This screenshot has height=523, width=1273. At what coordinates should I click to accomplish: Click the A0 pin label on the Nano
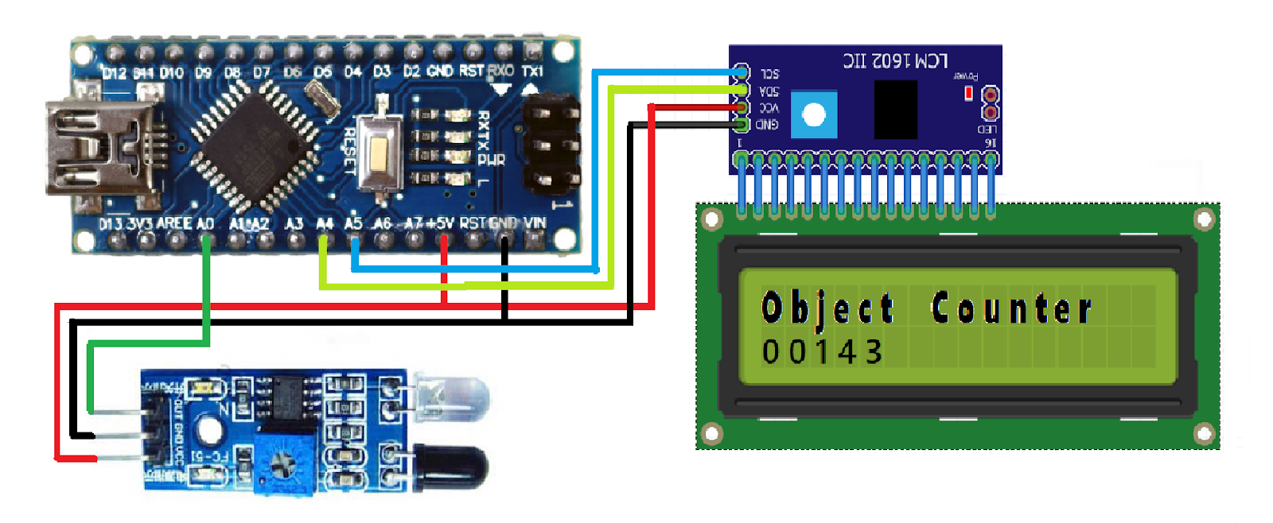[205, 224]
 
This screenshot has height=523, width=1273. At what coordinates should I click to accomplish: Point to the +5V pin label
[439, 223]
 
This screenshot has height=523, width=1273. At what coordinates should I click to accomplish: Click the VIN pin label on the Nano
[535, 223]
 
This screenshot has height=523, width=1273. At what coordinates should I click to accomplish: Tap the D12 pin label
[115, 73]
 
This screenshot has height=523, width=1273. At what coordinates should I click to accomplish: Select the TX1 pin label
[532, 72]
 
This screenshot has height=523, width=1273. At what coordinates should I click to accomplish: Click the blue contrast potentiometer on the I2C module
[814, 115]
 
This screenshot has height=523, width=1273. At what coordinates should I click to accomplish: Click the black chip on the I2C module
[896, 110]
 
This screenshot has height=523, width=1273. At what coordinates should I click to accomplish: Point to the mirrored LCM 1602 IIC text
[895, 61]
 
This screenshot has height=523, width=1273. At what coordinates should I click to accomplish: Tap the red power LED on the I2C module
[968, 94]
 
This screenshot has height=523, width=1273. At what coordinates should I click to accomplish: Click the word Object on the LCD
[827, 308]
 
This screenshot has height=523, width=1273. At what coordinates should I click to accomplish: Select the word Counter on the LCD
[1011, 308]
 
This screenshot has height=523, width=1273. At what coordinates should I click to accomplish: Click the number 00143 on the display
[823, 352]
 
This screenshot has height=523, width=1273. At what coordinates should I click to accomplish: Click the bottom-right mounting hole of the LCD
[1204, 434]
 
